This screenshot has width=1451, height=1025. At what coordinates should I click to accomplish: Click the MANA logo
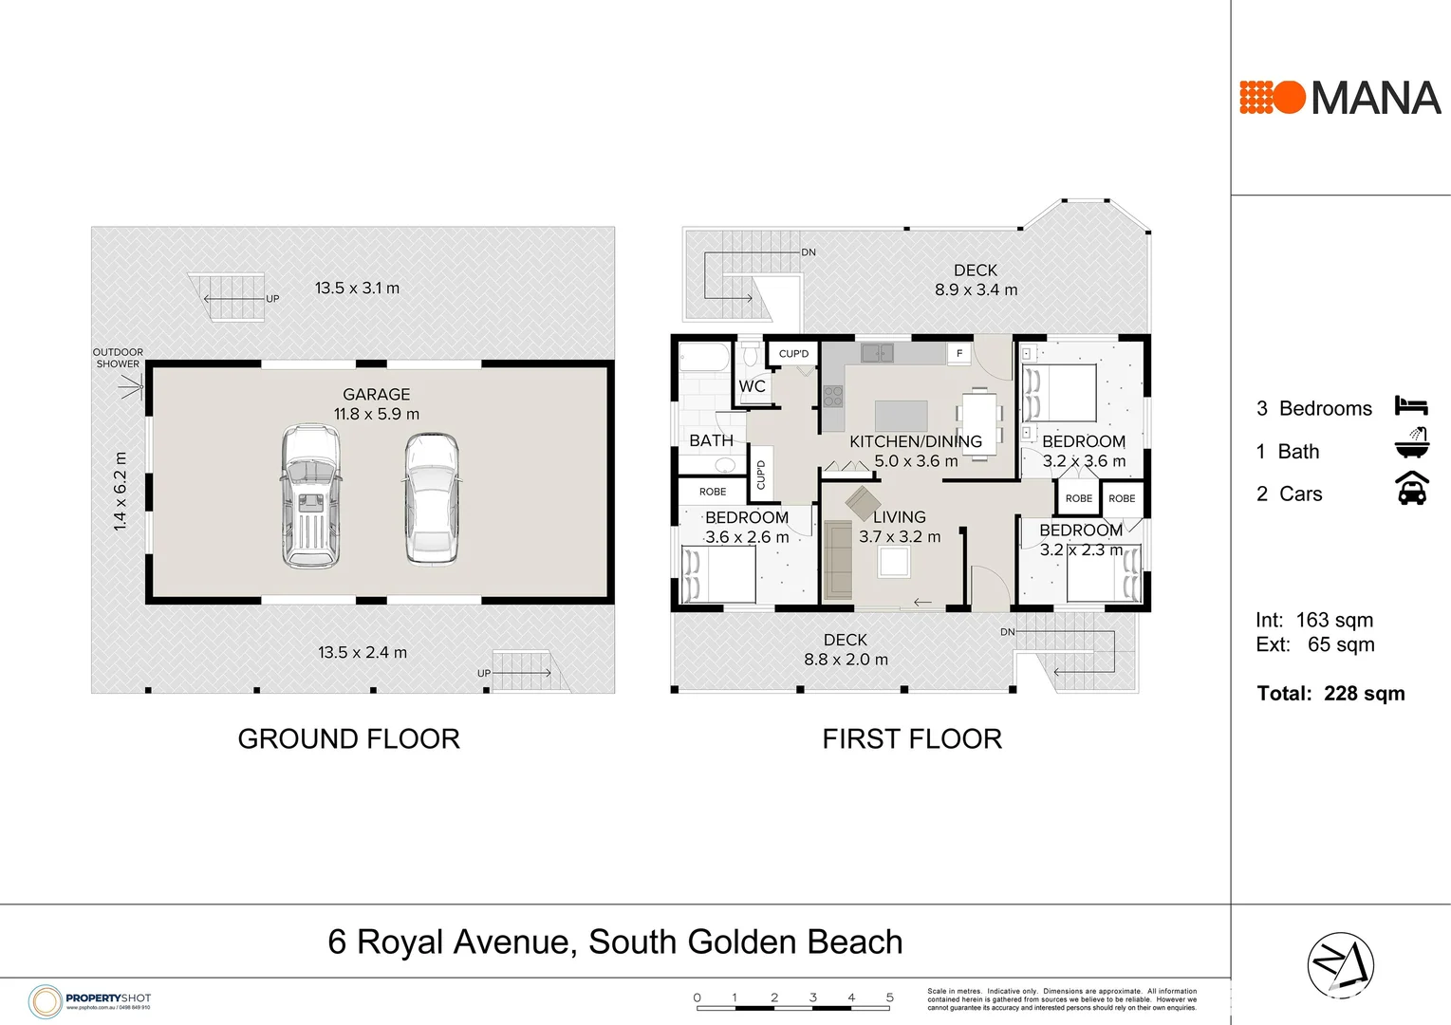pyautogui.click(x=1340, y=98)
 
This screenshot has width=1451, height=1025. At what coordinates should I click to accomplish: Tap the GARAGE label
pyautogui.click(x=376, y=394)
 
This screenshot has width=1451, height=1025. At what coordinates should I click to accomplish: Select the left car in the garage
pyautogui.click(x=310, y=495)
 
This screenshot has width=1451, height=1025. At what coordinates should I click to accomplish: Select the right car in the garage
pyautogui.click(x=432, y=499)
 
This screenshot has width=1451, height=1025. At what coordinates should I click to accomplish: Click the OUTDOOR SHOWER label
pyautogui.click(x=118, y=358)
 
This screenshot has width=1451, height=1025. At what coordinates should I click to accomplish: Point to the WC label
pyautogui.click(x=752, y=386)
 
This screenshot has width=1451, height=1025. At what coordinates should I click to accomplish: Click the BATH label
pyautogui.click(x=711, y=440)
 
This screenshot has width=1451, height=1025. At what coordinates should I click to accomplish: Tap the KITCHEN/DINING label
pyautogui.click(x=915, y=441)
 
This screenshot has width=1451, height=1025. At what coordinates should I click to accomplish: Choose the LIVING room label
pyautogui.click(x=899, y=517)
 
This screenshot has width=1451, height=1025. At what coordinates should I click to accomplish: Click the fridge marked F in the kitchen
pyautogui.click(x=959, y=353)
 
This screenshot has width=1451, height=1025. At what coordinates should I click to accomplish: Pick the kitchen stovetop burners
pyautogui.click(x=832, y=396)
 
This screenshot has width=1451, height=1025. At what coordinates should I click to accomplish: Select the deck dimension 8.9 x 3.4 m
pyautogui.click(x=976, y=290)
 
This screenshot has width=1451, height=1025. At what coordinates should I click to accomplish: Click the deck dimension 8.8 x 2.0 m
pyautogui.click(x=846, y=660)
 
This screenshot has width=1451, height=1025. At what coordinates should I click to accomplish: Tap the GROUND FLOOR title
pyautogui.click(x=348, y=738)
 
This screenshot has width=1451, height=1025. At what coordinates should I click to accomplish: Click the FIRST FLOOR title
pyautogui.click(x=911, y=738)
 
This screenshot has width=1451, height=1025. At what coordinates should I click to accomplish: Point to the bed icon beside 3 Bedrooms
pyautogui.click(x=1411, y=406)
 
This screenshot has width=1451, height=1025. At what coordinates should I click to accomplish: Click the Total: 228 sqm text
pyautogui.click(x=1330, y=694)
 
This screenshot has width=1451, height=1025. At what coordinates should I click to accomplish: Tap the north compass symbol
pyautogui.click(x=1340, y=965)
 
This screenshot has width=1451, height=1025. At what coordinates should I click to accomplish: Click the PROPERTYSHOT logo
pyautogui.click(x=89, y=1000)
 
